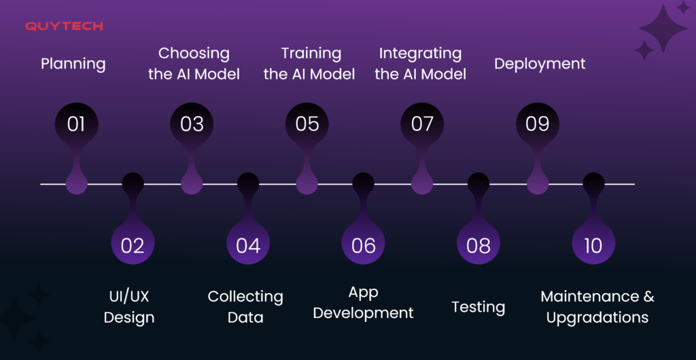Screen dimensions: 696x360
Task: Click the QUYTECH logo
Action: point(64,26)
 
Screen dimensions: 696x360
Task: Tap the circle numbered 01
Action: point(76,124)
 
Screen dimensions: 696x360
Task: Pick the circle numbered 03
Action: point(192,124)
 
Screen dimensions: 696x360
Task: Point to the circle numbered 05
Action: point(307,124)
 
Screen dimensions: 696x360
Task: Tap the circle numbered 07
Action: point(422,124)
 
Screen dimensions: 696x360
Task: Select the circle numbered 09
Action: point(538,124)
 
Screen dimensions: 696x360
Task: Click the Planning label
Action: point(73,65)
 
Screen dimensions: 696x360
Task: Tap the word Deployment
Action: point(540,65)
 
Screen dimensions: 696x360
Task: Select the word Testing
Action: point(478,307)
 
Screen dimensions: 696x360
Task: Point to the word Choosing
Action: point(194,54)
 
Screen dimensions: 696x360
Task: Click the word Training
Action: point(311,54)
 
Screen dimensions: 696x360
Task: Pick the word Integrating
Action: point(420,54)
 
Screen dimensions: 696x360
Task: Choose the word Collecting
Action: point(245,297)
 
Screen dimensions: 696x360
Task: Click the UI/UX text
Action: point(129,297)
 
